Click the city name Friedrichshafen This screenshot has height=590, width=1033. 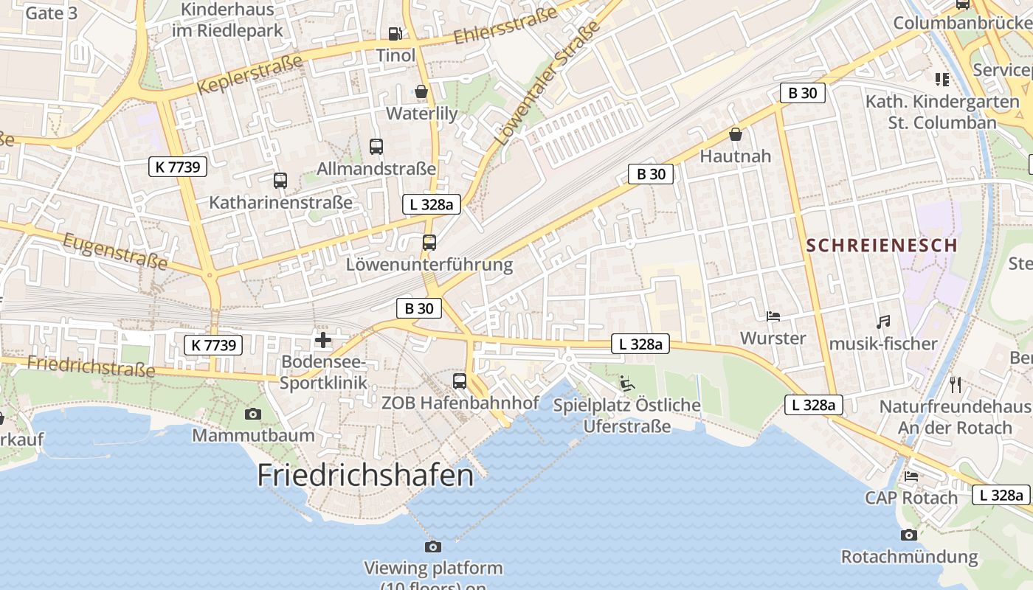click(x=365, y=475)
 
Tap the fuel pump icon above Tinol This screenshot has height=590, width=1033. click(x=395, y=33)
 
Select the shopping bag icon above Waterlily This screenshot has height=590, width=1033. click(x=421, y=91)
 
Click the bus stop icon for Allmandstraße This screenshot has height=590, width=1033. click(x=376, y=146)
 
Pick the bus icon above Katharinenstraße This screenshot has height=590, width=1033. click(x=280, y=180)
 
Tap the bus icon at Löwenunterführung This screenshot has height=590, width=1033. click(x=429, y=242)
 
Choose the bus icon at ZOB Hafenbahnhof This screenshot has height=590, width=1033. click(x=460, y=381)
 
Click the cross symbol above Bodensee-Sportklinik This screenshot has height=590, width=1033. click(x=323, y=340)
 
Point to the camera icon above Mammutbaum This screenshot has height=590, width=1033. click(x=253, y=414)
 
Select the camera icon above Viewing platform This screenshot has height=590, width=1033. click(x=433, y=546)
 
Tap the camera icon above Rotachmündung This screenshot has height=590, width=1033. click(x=909, y=535)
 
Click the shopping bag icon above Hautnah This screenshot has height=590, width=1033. click(x=735, y=134)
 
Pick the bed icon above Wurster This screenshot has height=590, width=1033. click(x=773, y=316)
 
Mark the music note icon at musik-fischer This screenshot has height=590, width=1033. click(x=883, y=322)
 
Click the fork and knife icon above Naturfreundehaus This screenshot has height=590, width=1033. click(x=956, y=384)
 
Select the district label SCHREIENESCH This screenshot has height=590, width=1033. click(x=882, y=246)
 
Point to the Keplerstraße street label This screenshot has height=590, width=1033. click(x=250, y=74)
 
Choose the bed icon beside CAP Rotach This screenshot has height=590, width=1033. click(x=911, y=476)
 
